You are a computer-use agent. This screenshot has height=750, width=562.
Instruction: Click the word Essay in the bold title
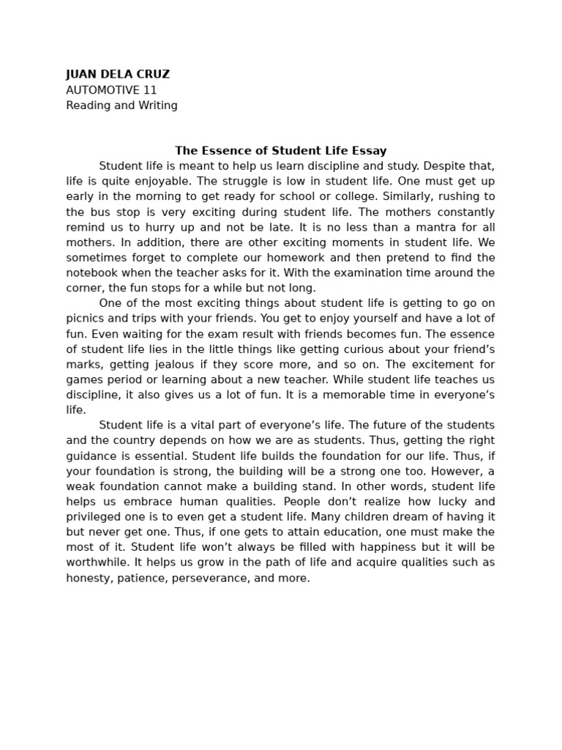[370, 151]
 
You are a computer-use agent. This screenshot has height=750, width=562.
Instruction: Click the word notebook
[91, 273]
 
